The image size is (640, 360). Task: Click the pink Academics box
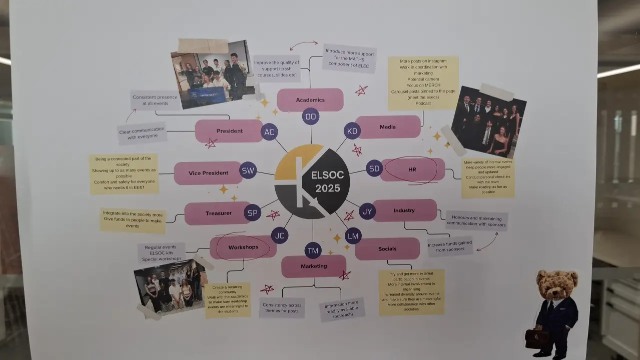(310, 100)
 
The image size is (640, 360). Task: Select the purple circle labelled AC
(269, 132)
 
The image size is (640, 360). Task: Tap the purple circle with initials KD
(352, 131)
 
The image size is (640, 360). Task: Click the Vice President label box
(208, 173)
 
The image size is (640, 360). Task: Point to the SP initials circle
(253, 213)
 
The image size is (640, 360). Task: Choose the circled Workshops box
(243, 247)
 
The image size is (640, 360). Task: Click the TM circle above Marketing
(313, 250)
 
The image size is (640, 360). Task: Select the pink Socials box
(387, 248)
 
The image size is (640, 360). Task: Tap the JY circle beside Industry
(367, 211)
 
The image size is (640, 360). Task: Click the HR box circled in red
(412, 170)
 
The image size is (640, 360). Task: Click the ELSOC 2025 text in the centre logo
(325, 182)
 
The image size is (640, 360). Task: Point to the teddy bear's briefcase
(536, 338)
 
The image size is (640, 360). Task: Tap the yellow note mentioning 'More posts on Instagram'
(423, 82)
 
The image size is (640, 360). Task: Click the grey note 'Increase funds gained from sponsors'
(450, 246)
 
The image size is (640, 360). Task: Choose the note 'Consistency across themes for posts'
(282, 307)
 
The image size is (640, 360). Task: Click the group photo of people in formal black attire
(488, 121)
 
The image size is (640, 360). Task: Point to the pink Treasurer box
(218, 213)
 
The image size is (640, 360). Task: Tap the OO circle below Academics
(311, 117)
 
